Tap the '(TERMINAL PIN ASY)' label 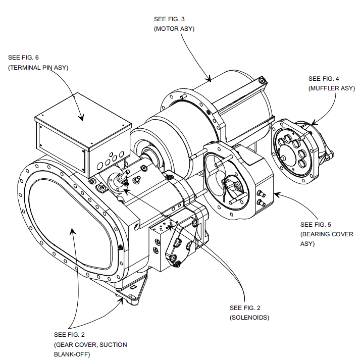[38, 67]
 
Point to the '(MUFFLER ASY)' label [331, 88]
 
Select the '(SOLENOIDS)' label [249, 318]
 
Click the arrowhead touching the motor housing [209, 79]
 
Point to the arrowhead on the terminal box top [81, 118]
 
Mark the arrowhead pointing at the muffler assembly [313, 123]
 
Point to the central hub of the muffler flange [292, 151]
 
